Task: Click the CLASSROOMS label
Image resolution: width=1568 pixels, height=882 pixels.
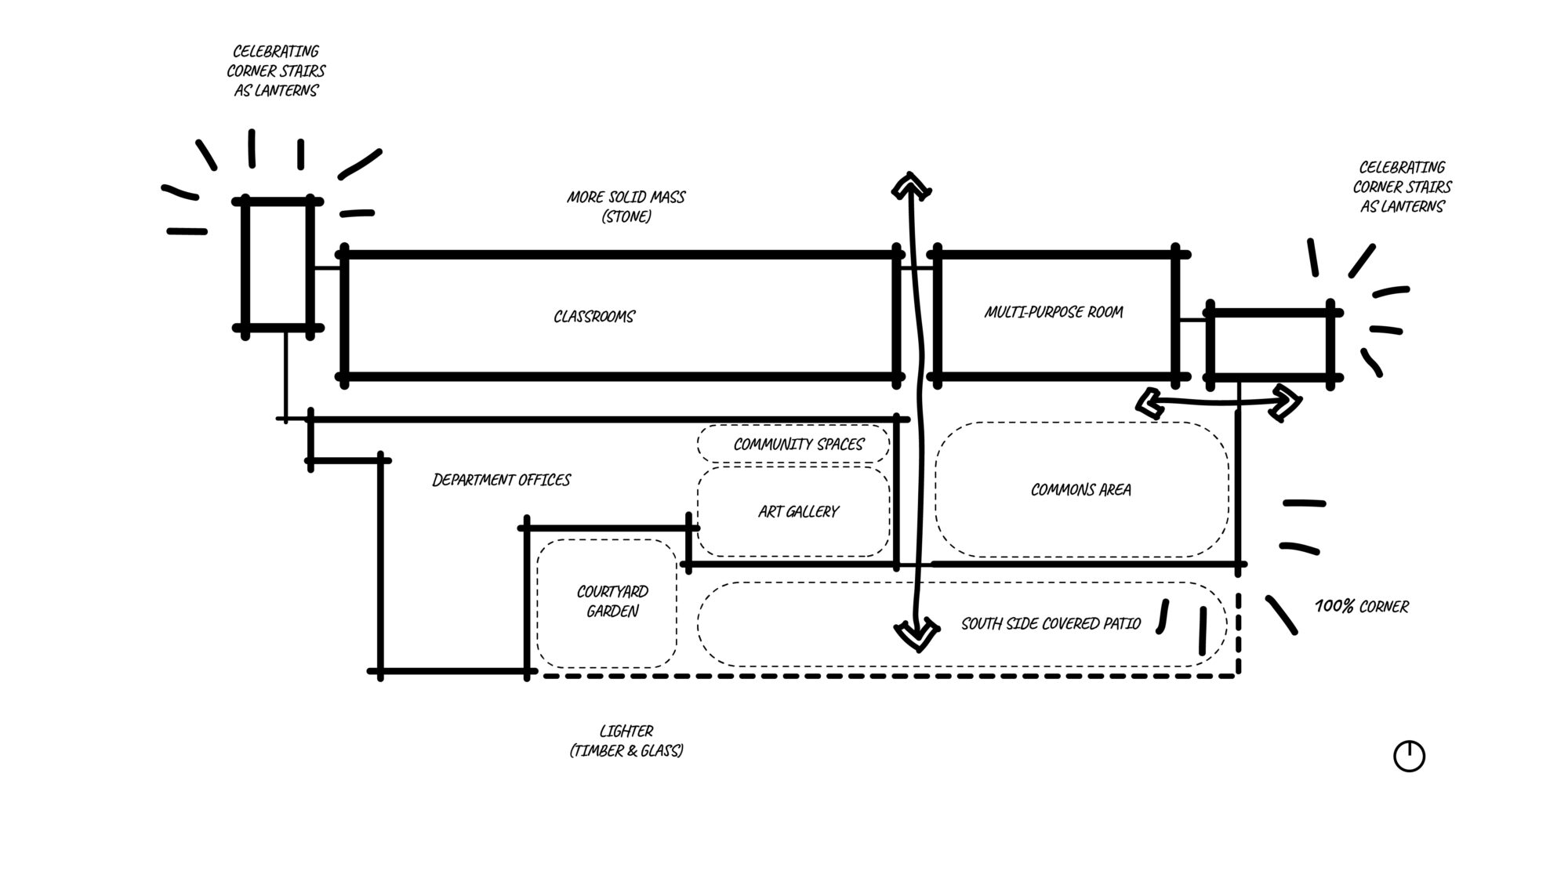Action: coord(594,317)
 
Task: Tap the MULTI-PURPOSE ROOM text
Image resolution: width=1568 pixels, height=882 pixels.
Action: coord(1054,312)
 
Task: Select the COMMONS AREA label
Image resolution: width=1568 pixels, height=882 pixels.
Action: coord(1080,490)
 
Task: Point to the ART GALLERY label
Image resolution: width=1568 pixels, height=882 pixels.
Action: coord(798,512)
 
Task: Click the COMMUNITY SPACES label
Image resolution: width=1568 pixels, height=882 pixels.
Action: coord(798,445)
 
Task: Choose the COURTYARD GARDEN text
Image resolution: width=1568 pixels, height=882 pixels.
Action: coord(612,601)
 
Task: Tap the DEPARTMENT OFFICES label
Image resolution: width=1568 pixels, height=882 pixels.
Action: coord(502,480)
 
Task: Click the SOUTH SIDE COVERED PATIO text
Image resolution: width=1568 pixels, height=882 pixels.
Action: coord(1051,624)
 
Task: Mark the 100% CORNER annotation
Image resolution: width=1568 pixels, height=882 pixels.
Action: coord(1361,607)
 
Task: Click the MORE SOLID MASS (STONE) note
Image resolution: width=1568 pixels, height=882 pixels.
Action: coord(626,207)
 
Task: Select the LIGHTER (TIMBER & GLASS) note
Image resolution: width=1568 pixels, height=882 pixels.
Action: coord(626,741)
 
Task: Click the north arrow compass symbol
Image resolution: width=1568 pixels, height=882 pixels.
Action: coord(1409,757)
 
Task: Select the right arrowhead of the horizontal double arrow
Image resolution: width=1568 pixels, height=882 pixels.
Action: coord(1287,401)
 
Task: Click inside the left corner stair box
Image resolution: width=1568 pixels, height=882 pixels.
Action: coord(278,265)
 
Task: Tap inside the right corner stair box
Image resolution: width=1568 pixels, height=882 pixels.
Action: coord(1270,343)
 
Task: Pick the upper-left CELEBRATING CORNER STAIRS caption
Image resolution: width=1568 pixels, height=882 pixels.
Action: coord(276,71)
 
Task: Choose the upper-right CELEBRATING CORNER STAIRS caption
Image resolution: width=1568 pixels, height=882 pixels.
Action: coord(1402,187)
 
